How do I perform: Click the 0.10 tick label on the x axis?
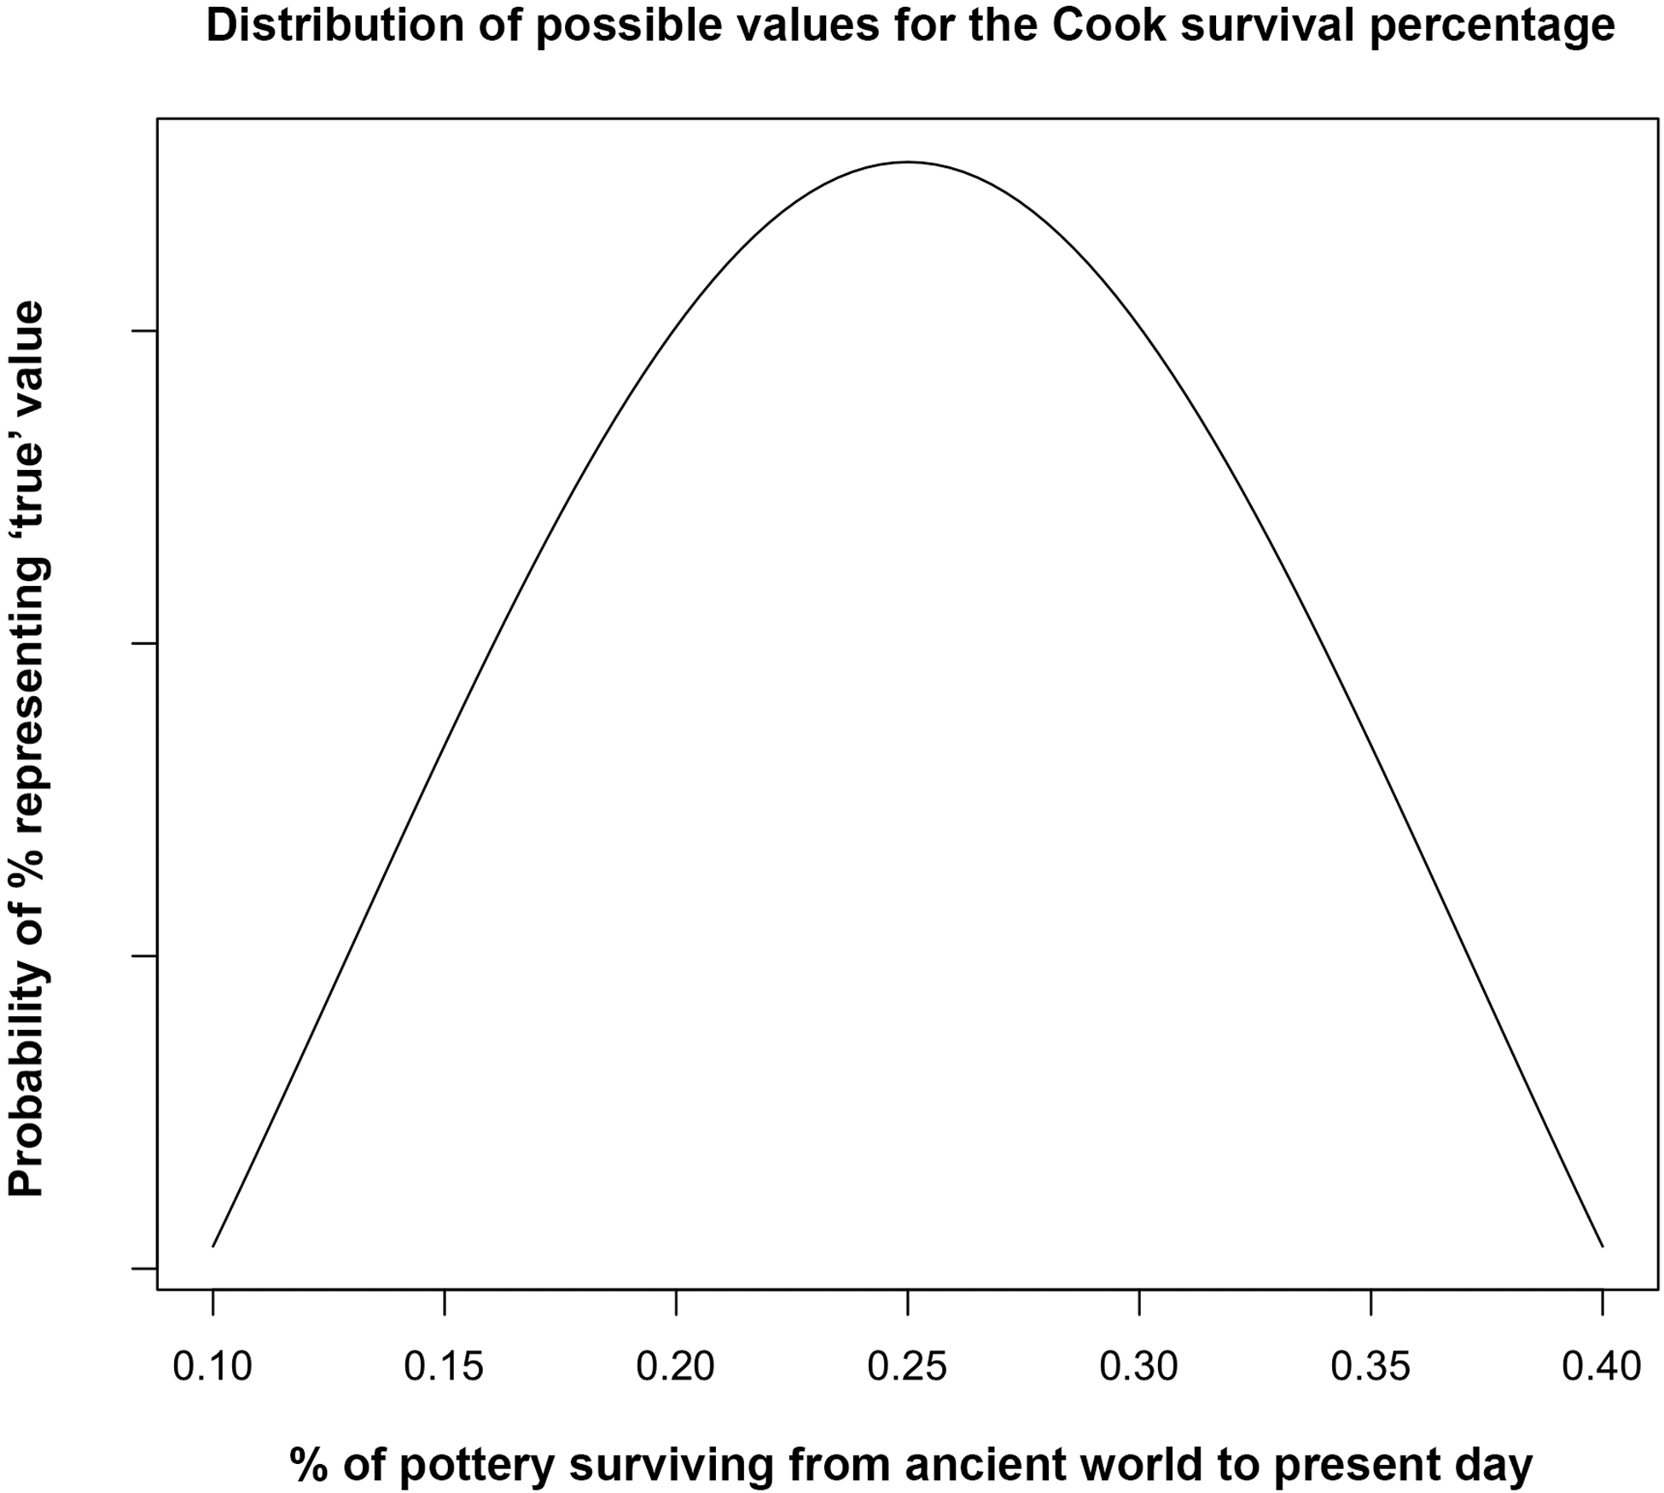coord(212,1367)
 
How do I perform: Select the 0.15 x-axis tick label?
coord(444,1367)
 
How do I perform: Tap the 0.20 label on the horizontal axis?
coord(676,1367)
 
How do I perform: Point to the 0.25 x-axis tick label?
coord(907,1367)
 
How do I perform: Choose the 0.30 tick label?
coord(1139,1367)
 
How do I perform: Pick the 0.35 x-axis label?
coord(1370,1367)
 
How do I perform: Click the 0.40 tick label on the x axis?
coord(1602,1367)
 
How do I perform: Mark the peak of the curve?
coord(907,161)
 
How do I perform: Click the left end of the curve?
coord(212,1246)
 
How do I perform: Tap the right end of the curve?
coord(1602,1246)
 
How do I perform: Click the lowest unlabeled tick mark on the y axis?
coord(144,1269)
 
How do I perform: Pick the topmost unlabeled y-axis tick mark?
coord(144,331)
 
